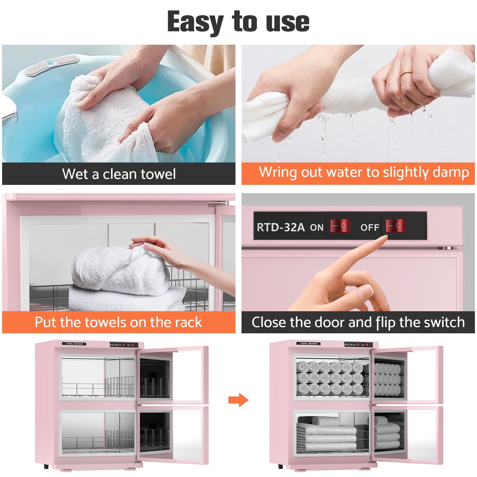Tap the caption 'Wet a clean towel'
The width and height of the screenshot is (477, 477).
[x=119, y=174]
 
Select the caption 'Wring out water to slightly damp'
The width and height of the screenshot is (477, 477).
[x=364, y=172]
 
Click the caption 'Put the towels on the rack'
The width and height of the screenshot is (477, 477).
[x=118, y=322]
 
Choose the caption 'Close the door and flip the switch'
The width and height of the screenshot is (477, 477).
[x=358, y=322]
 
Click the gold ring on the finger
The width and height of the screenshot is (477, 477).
[x=406, y=72]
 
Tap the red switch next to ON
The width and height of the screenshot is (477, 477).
[x=340, y=226]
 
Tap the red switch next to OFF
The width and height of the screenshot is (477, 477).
[x=395, y=226]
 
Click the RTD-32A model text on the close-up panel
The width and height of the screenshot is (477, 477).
[x=281, y=227]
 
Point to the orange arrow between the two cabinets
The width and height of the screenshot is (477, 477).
[x=238, y=400]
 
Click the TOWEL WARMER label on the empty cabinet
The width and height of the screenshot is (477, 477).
[x=74, y=344]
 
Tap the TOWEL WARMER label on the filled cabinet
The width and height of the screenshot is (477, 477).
[x=309, y=343]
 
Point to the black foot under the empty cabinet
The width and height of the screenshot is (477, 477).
[x=46, y=466]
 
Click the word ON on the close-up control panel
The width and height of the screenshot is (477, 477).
[x=316, y=228]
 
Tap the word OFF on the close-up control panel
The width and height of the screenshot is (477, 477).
[x=370, y=228]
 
